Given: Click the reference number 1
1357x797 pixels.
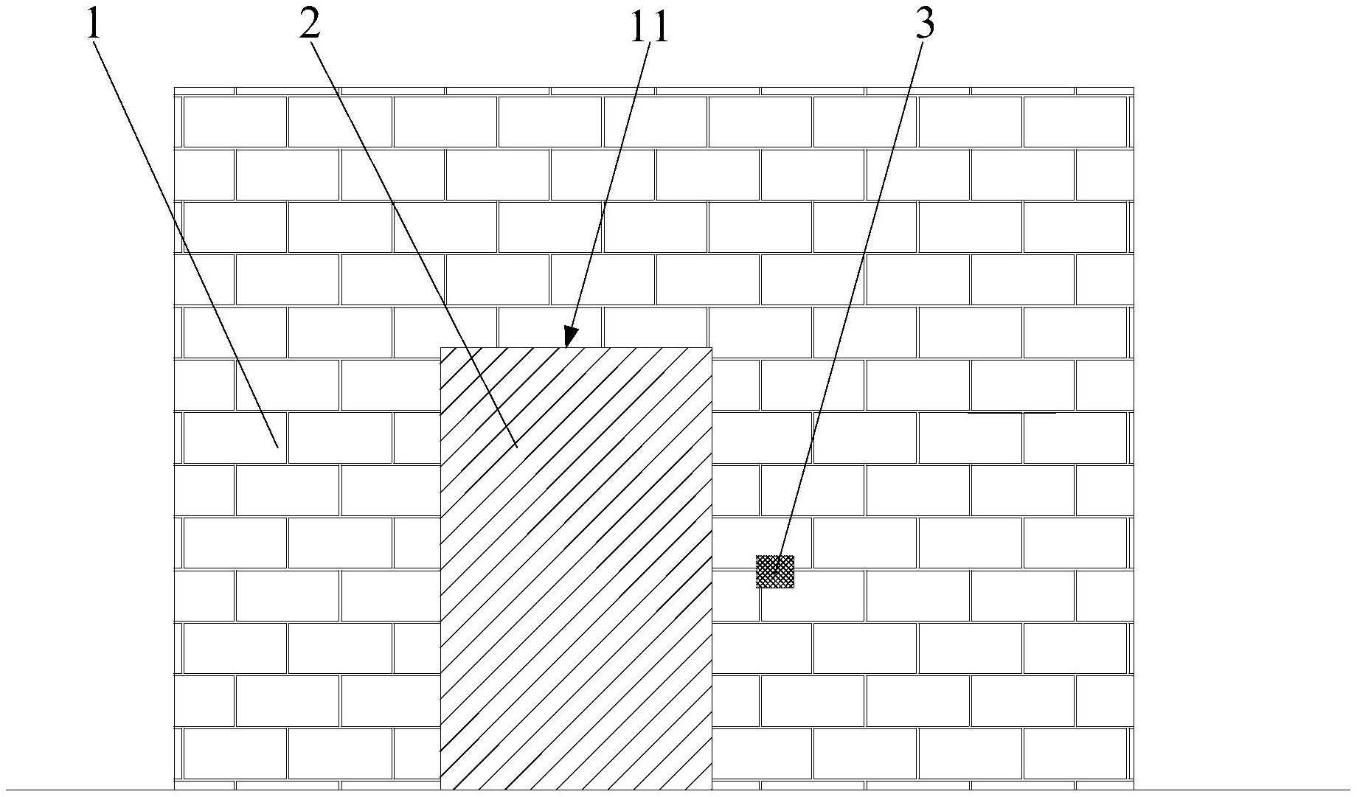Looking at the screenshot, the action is pyautogui.click(x=94, y=24).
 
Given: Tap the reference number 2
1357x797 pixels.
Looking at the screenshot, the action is pyautogui.click(x=310, y=24).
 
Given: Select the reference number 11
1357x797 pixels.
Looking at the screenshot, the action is pyautogui.click(x=648, y=27).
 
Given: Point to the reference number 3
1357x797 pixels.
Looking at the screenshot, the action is pyautogui.click(x=925, y=24).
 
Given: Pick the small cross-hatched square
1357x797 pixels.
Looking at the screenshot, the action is pyautogui.click(x=775, y=571).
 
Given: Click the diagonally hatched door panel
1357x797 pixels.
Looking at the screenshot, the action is pyautogui.click(x=576, y=590).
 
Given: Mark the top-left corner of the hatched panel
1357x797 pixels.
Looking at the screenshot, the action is pyautogui.click(x=441, y=348).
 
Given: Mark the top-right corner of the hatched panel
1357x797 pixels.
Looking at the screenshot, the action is pyautogui.click(x=712, y=348).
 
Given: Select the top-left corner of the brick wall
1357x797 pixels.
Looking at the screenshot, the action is pyautogui.click(x=175, y=88).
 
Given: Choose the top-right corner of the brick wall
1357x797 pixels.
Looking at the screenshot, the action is pyautogui.click(x=1133, y=88).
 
